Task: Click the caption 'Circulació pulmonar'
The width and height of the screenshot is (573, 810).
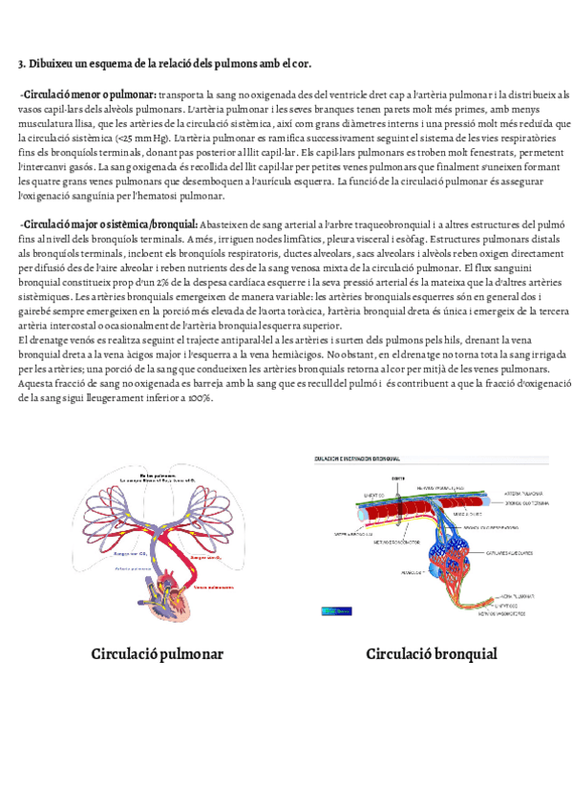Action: coord(158,654)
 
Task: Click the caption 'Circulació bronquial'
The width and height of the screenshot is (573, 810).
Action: coord(432,654)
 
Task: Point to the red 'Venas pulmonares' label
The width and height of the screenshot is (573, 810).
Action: coord(216,587)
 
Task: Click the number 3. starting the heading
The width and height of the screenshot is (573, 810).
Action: coord(22,64)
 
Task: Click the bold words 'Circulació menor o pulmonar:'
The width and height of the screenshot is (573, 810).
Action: coord(89,95)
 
